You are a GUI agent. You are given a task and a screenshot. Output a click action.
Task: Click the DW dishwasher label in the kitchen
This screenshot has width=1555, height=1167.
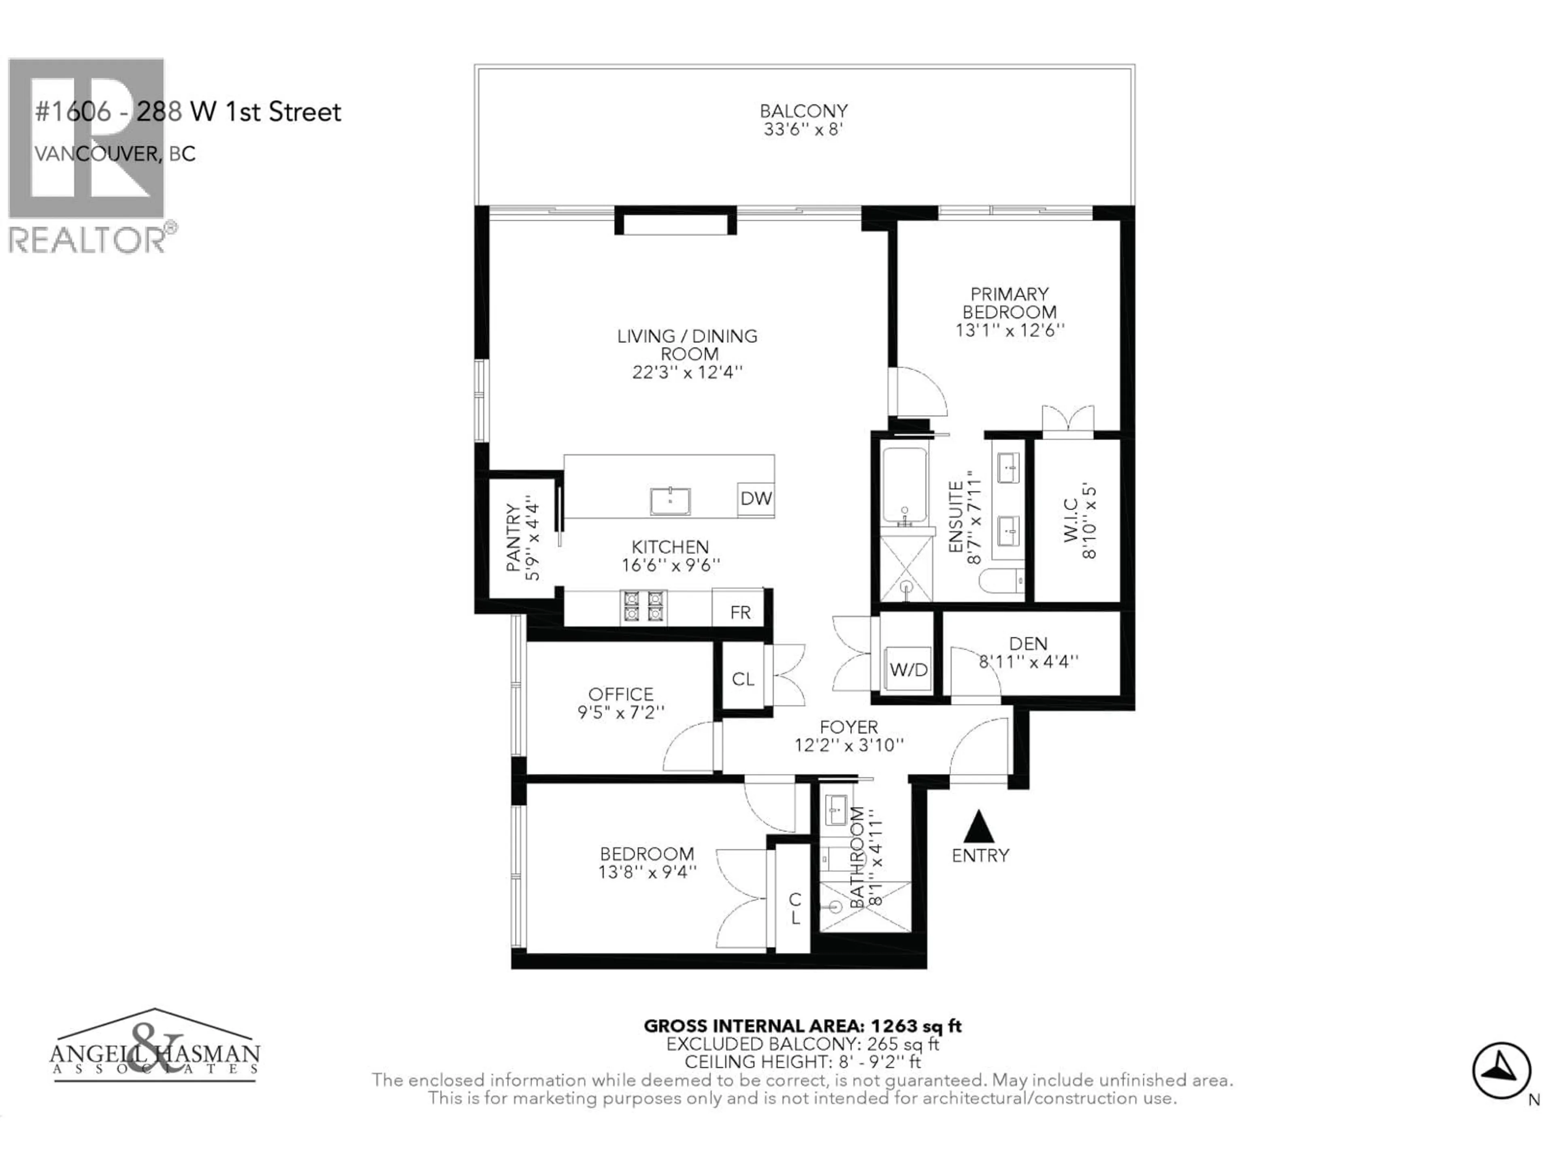point(756,499)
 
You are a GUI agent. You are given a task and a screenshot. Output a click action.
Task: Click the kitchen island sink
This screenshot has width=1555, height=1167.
point(670,501)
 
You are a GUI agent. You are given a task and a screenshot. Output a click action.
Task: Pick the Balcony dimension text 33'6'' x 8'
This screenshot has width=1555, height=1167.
point(803,129)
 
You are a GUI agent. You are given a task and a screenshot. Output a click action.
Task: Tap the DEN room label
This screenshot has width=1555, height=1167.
point(1028,643)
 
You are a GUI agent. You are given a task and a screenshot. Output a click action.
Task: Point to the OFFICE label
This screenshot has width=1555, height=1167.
point(621,694)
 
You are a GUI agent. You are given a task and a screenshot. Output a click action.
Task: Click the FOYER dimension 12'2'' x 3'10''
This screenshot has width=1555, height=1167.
point(848,744)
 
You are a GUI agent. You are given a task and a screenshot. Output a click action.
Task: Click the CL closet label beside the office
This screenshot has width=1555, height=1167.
point(743,679)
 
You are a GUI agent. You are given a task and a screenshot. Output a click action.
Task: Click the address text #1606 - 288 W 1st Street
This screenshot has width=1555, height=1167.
point(188,111)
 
